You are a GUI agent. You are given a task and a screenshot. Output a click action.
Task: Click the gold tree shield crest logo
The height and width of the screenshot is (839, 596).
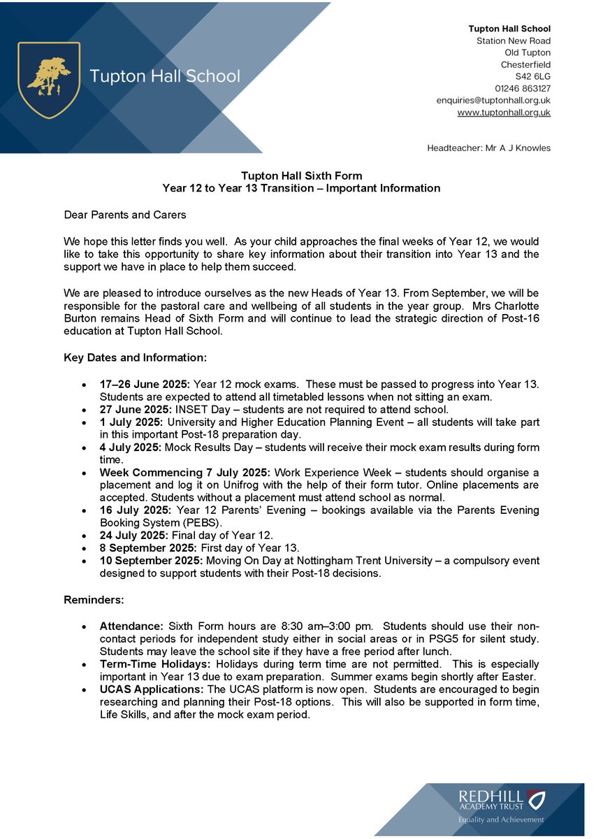49,80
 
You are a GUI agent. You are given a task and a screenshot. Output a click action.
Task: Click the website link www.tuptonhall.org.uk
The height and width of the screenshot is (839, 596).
504,112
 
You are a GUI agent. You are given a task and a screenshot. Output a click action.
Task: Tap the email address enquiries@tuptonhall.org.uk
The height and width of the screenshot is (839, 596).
493,100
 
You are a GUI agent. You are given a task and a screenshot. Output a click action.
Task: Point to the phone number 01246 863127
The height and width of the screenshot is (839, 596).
523,88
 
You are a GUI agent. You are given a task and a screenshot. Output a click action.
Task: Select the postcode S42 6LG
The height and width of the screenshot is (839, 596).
533,76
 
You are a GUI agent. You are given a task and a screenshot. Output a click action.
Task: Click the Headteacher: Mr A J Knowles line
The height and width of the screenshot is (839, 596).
488,148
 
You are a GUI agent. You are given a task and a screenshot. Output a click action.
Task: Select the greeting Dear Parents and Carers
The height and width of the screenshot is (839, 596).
125,214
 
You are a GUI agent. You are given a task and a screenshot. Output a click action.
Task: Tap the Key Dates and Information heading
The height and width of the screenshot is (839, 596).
135,357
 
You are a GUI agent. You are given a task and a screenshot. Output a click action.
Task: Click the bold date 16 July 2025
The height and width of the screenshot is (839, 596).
134,510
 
